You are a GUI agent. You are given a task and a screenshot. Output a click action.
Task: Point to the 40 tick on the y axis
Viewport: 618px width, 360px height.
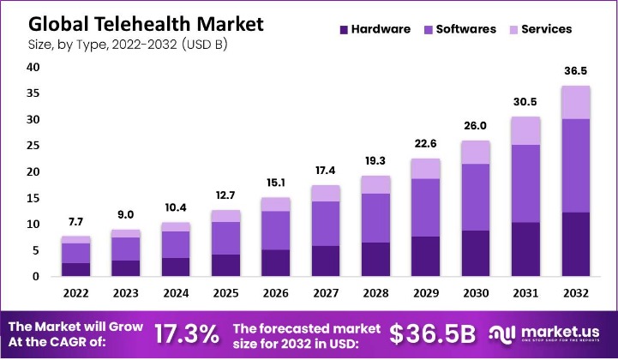click(x=33, y=68)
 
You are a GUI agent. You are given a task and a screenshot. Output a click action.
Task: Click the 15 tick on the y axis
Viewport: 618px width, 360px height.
click(x=33, y=198)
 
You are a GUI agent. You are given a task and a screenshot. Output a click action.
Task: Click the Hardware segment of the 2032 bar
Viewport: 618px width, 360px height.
click(x=575, y=244)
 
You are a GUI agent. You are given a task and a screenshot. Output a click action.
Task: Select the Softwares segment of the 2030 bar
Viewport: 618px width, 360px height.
click(x=475, y=197)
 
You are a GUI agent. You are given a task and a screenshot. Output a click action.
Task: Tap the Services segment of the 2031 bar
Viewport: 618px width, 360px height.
click(x=525, y=130)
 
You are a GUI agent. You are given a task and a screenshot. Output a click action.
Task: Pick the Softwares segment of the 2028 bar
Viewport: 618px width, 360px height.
click(x=375, y=218)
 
